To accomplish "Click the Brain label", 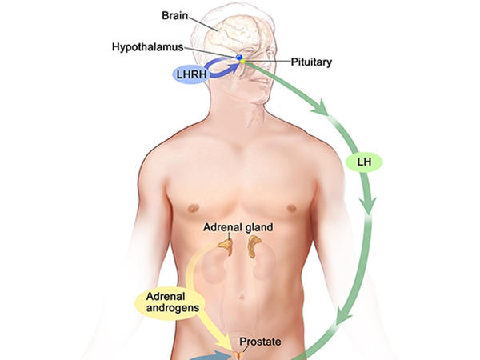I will pyautogui.click(x=174, y=14).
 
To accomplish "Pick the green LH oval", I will pyautogui.click(x=364, y=162).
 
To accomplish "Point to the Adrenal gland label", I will pyautogui.click(x=237, y=227).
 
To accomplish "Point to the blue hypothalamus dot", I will pyautogui.click(x=238, y=58).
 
